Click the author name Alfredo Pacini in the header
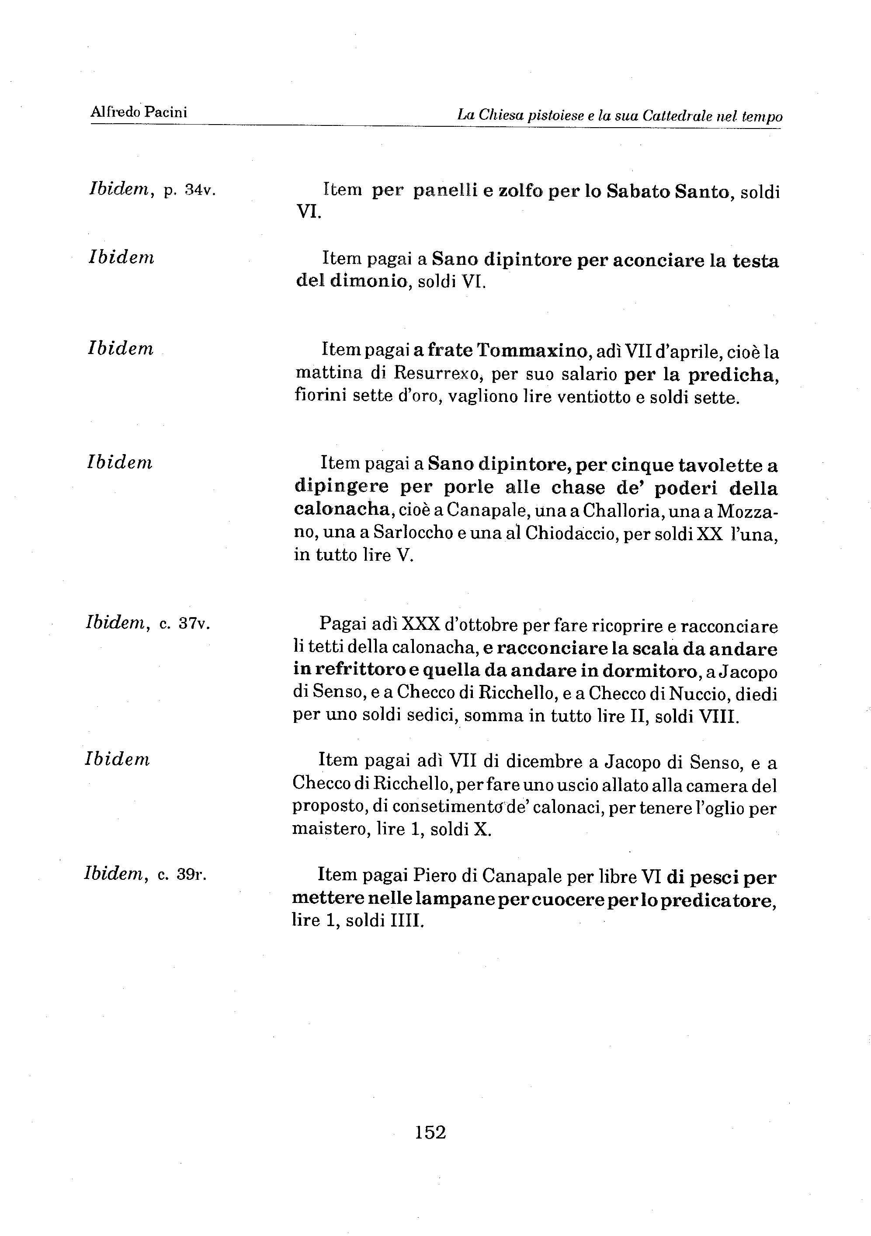pyautogui.click(x=139, y=112)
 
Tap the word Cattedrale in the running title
pyautogui.click(x=676, y=116)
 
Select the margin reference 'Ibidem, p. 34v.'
pyautogui.click(x=152, y=190)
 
